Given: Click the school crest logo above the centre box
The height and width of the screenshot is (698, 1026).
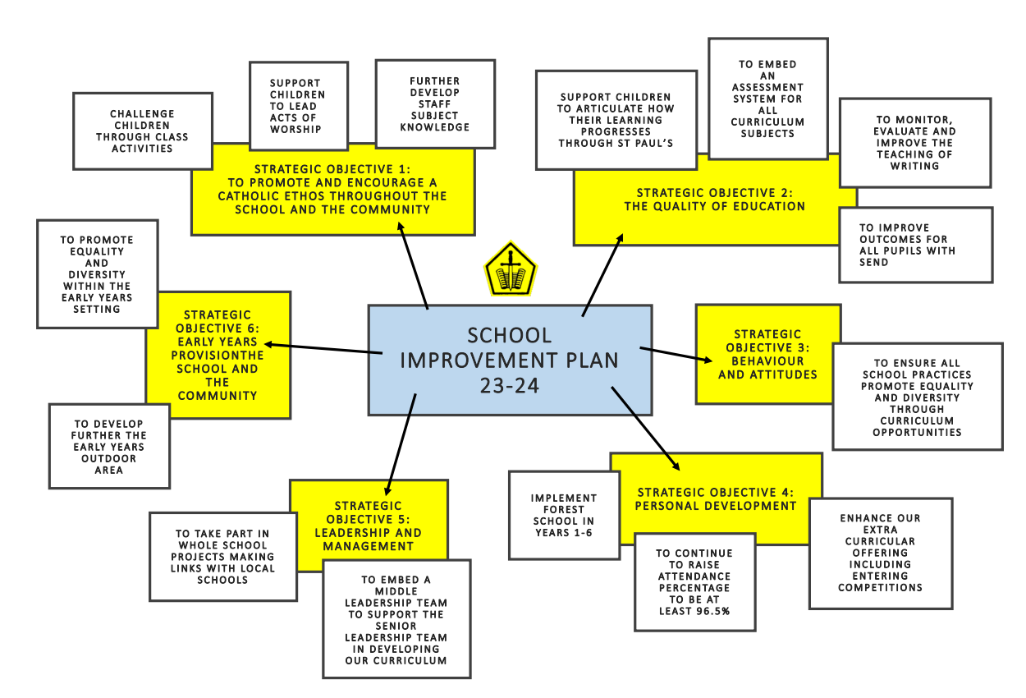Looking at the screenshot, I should coord(510,270).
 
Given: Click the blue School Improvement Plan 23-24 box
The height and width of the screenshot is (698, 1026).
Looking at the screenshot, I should coord(510,360).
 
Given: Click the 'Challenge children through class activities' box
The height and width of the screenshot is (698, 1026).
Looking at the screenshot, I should coord(142,131).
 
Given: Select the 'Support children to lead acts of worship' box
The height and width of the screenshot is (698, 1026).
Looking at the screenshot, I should coord(298,106).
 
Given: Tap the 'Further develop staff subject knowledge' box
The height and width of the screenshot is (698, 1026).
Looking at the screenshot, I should coord(435,104).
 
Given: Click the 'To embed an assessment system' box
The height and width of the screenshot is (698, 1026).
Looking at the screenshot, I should coord(767,99).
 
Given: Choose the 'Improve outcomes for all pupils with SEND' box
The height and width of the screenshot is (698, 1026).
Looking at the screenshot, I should coord(914,245).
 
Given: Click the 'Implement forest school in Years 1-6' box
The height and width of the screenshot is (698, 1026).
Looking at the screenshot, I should coord(563,515).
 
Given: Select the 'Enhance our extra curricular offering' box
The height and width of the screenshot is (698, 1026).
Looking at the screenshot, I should coord(880,553).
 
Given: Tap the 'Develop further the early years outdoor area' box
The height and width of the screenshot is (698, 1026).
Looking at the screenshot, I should coord(109,447).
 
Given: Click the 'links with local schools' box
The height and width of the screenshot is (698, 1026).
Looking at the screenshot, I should coord(222,557).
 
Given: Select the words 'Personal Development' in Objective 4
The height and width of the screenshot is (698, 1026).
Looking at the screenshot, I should coord(715,506).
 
